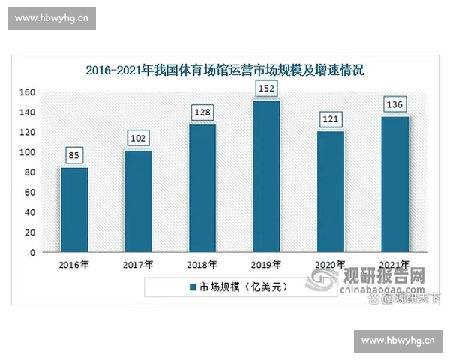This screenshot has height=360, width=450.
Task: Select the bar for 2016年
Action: pyautogui.click(x=74, y=210)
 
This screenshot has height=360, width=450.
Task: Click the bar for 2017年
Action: pyautogui.click(x=138, y=202)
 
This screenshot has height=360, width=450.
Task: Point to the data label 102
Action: pyautogui.click(x=138, y=139)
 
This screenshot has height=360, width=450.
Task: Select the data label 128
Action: pyautogui.click(x=202, y=112)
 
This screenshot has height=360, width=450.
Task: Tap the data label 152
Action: pyautogui.click(x=266, y=88)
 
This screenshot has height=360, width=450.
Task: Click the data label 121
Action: pyautogui.click(x=331, y=119)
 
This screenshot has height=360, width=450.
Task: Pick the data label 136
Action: pyautogui.click(x=394, y=104)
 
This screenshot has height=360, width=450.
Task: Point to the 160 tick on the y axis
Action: pyautogui.click(x=28, y=92)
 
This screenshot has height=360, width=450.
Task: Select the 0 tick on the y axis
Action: pyautogui.click(x=33, y=253)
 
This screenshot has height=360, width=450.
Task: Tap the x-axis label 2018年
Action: pyautogui.click(x=202, y=265)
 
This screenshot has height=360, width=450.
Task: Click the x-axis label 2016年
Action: pyautogui.click(x=74, y=265)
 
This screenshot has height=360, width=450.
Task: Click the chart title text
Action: pyautogui.click(x=224, y=72)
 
